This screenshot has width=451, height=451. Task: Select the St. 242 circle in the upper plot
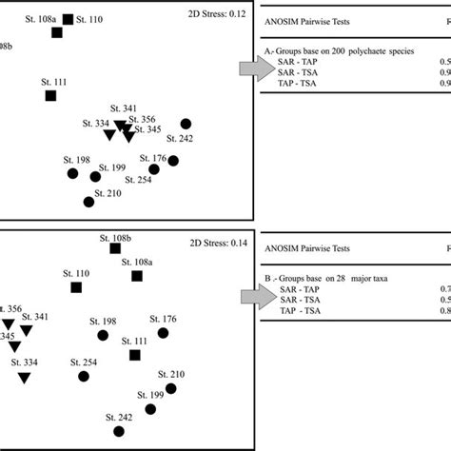[x=186, y=124]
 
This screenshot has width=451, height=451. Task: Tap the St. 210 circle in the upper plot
[x=89, y=201]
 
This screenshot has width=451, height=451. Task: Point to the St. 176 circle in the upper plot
[x=173, y=160]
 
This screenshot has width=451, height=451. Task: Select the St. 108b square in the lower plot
[x=115, y=248]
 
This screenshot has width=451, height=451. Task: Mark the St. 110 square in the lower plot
[x=76, y=286]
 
